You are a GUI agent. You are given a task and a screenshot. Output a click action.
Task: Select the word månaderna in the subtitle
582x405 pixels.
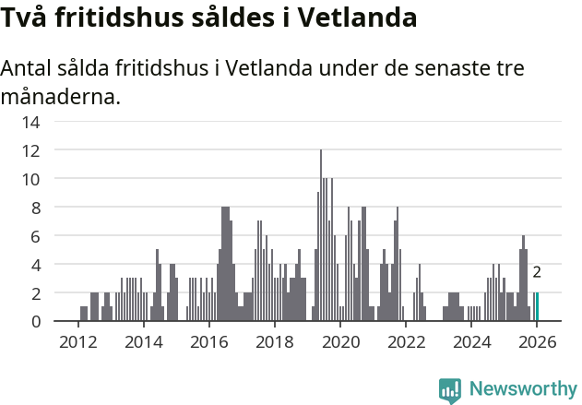(60, 96)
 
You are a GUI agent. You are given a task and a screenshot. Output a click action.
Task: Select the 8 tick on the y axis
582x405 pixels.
(35, 208)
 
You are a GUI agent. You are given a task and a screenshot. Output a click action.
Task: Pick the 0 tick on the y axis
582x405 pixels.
(35, 321)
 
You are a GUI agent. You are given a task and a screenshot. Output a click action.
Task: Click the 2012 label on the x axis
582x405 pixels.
(77, 342)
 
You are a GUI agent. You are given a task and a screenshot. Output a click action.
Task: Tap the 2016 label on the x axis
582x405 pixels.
(208, 342)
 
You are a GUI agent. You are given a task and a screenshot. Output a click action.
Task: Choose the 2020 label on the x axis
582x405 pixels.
(340, 342)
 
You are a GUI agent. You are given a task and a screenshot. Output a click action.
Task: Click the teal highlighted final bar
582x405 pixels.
(537, 307)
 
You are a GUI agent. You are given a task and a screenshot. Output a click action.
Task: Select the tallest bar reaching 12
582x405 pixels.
(321, 235)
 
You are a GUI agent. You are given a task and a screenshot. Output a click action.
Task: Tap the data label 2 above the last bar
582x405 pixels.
(537, 272)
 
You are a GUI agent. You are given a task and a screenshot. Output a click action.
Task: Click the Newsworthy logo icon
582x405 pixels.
(450, 389)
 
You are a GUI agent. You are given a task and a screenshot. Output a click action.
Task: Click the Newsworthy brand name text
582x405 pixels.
(522, 389)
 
